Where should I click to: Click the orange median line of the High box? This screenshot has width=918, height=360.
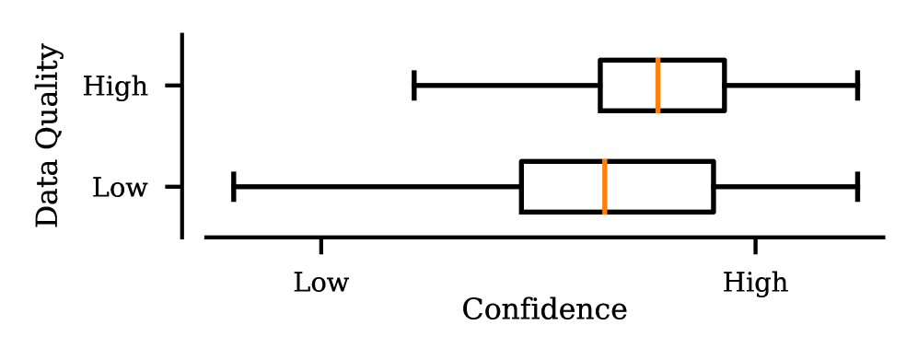click(x=657, y=86)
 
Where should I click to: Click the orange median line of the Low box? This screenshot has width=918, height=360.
click(x=605, y=187)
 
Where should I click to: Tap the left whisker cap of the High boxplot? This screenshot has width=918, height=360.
click(x=414, y=86)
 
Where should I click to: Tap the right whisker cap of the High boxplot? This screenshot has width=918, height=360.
click(x=857, y=86)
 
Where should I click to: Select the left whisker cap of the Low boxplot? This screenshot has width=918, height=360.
click(x=234, y=187)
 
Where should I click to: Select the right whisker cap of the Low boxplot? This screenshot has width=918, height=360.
click(x=857, y=187)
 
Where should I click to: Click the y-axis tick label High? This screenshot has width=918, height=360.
click(x=115, y=87)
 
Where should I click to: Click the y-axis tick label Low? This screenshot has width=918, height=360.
click(x=120, y=188)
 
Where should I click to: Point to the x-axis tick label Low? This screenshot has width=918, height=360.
click(x=320, y=282)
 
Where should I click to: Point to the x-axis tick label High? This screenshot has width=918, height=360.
click(x=755, y=282)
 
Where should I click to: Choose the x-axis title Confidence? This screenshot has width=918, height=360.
click(x=544, y=309)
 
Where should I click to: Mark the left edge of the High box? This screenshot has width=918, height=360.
click(x=600, y=86)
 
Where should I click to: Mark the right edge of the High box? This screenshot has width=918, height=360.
click(x=725, y=86)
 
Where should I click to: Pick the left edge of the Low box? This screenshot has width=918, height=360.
click(x=521, y=187)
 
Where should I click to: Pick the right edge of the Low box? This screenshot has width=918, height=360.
click(x=714, y=187)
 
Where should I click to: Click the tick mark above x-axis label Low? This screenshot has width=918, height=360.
click(x=320, y=244)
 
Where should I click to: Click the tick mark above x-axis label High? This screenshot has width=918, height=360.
click(x=755, y=244)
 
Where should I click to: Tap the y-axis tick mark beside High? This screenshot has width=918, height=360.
click(x=172, y=86)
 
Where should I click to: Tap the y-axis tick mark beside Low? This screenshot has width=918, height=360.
click(x=172, y=187)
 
